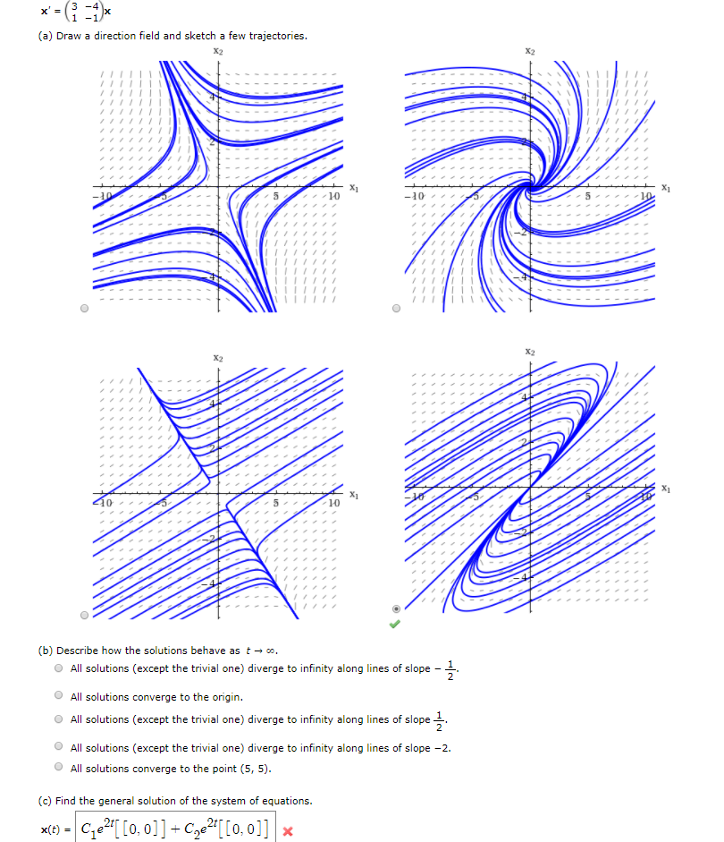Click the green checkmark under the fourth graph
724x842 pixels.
[x=396, y=624]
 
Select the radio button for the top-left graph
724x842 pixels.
[x=85, y=309]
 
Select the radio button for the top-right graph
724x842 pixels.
[x=397, y=309]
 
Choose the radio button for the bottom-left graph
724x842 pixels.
[x=85, y=616]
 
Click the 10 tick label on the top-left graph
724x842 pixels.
[x=333, y=195]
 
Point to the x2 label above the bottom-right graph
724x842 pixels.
[x=531, y=352]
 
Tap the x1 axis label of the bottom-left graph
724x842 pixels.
[x=354, y=495]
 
